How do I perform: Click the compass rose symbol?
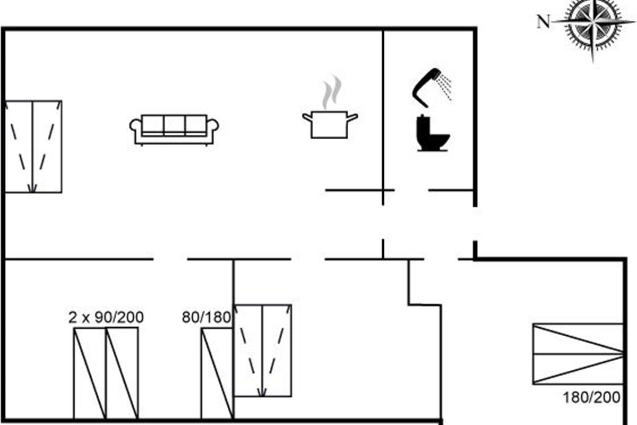pos(593,24)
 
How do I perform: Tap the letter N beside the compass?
pos(543,22)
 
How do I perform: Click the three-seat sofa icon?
pos(174,130)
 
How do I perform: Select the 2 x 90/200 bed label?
pos(106,318)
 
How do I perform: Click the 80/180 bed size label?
pos(206,318)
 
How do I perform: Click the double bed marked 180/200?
pos(577,353)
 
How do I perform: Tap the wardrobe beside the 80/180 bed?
pos(263,350)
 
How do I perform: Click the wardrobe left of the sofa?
pos(33,146)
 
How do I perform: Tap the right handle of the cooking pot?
pos(352,116)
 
